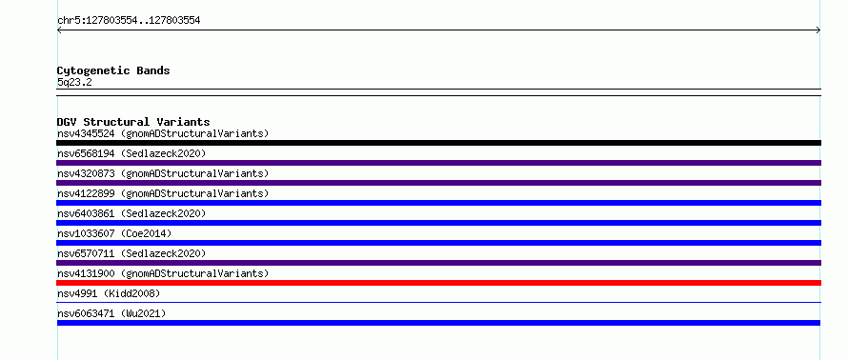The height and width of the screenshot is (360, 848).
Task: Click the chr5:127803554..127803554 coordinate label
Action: pyautogui.click(x=129, y=21)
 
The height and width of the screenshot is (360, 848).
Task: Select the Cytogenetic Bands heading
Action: pyautogui.click(x=113, y=70)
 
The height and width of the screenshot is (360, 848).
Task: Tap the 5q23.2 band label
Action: pyautogui.click(x=74, y=82)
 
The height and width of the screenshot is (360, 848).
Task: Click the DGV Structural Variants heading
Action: pyautogui.click(x=133, y=122)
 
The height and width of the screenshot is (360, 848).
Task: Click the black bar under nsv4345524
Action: pyautogui.click(x=438, y=143)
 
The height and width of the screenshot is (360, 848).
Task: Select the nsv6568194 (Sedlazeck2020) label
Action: pyautogui.click(x=131, y=153)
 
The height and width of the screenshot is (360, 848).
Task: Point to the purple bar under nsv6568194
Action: pyautogui.click(x=438, y=163)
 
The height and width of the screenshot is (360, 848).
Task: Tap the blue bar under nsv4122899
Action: pyautogui.click(x=438, y=203)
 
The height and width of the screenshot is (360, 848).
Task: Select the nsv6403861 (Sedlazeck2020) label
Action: pyautogui.click(x=131, y=213)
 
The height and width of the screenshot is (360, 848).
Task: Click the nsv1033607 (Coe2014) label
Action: pyautogui.click(x=114, y=233)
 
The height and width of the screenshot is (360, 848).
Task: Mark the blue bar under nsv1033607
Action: pyautogui.click(x=438, y=243)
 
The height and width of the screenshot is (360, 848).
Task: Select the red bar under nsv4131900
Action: pyautogui.click(x=438, y=283)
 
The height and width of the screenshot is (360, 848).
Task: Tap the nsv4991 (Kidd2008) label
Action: pyautogui.click(x=109, y=293)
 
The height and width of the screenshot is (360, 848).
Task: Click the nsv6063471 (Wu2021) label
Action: pyautogui.click(x=111, y=313)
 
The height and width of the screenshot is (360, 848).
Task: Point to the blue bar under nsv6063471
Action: pyautogui.click(x=438, y=323)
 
